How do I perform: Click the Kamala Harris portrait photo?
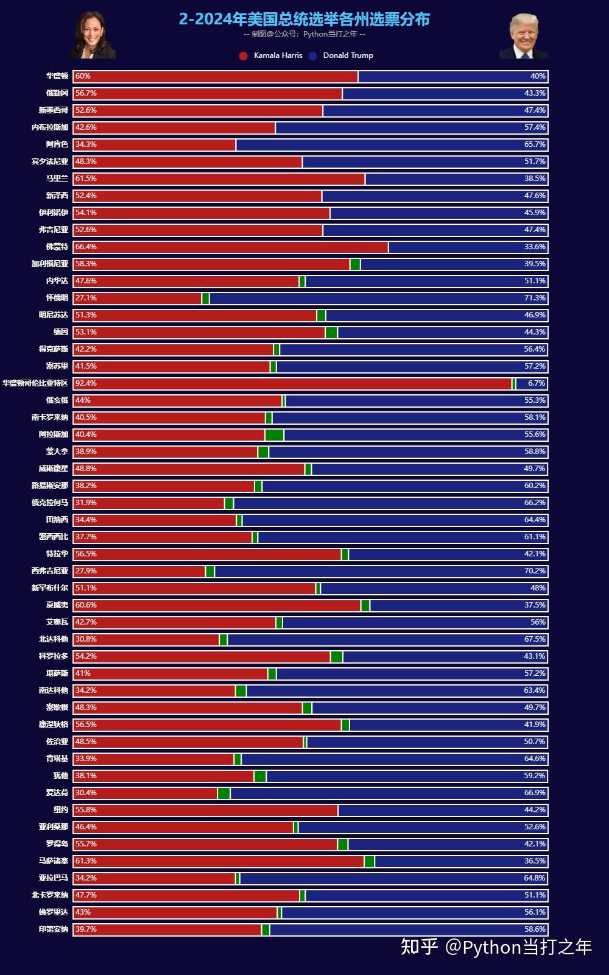tap(93, 36)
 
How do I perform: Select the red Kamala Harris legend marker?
tap(244, 55)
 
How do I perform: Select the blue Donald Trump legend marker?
tap(313, 55)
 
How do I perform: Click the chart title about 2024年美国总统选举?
tap(304, 19)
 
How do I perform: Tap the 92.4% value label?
tap(86, 383)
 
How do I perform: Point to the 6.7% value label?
tap(536, 383)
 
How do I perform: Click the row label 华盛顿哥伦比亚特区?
tap(35, 383)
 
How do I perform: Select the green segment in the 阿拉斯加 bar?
tap(274, 434)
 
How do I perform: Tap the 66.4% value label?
tap(86, 247)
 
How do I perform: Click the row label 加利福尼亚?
tap(50, 264)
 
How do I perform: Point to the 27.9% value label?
tap(86, 571)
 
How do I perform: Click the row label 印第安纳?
tap(54, 929)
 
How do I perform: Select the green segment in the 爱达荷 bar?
tap(224, 793)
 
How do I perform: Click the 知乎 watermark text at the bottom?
tap(419, 946)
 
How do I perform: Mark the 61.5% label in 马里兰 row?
tap(86, 179)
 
